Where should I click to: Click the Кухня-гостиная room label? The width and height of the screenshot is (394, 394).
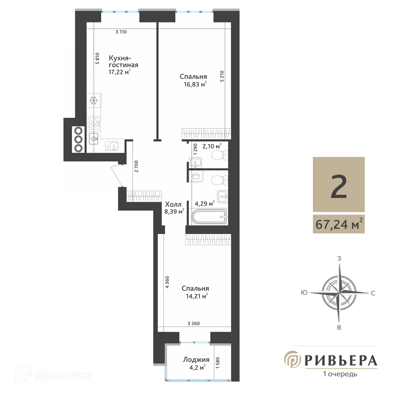(x=123, y=61)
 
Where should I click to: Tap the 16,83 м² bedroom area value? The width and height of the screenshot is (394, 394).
(x=195, y=84)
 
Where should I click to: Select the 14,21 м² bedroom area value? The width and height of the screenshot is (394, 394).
(x=197, y=296)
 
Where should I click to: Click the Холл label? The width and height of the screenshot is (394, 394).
(x=173, y=204)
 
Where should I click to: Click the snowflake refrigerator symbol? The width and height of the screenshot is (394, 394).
(x=94, y=100)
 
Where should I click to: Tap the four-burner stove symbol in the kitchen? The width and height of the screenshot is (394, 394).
(x=94, y=123)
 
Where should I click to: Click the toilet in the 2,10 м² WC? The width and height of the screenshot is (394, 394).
(x=219, y=155)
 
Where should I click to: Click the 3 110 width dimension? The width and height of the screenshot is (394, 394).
(x=121, y=32)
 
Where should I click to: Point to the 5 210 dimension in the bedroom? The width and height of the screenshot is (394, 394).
(x=222, y=76)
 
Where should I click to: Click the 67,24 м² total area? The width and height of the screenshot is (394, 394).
(x=339, y=224)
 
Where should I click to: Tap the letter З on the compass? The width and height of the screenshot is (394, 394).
(x=339, y=258)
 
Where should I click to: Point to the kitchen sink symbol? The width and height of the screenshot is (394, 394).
(x=112, y=146)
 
